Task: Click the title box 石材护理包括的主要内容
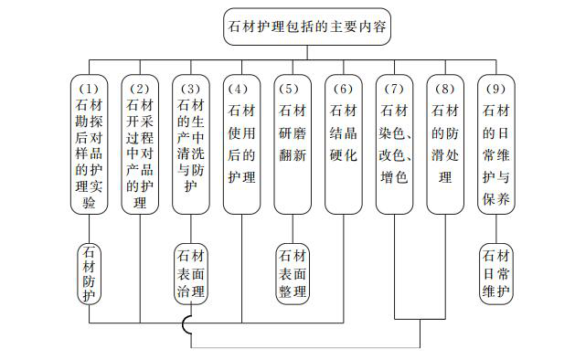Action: (x=308, y=27)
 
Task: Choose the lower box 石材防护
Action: (x=89, y=272)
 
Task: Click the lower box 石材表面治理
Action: (x=190, y=272)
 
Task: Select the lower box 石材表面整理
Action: (x=293, y=272)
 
